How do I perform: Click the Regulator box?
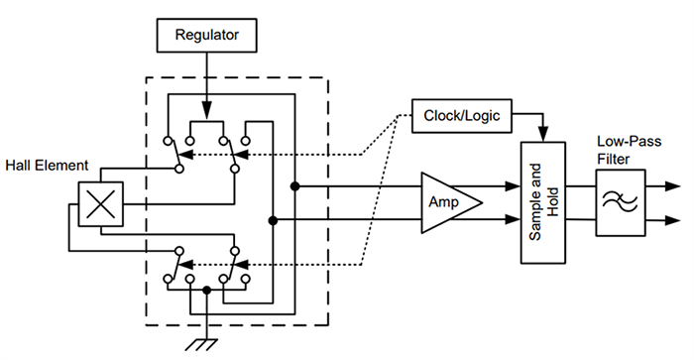pyautogui.click(x=209, y=37)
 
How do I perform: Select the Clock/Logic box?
pyautogui.click(x=462, y=116)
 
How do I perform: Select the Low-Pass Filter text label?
pyautogui.click(x=622, y=151)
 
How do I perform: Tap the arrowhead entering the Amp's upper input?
pyautogui.click(x=416, y=185)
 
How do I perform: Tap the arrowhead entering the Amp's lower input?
pyautogui.click(x=416, y=218)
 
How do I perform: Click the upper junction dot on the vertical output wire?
pyautogui.click(x=294, y=185)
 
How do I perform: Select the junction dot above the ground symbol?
pyautogui.click(x=206, y=292)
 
